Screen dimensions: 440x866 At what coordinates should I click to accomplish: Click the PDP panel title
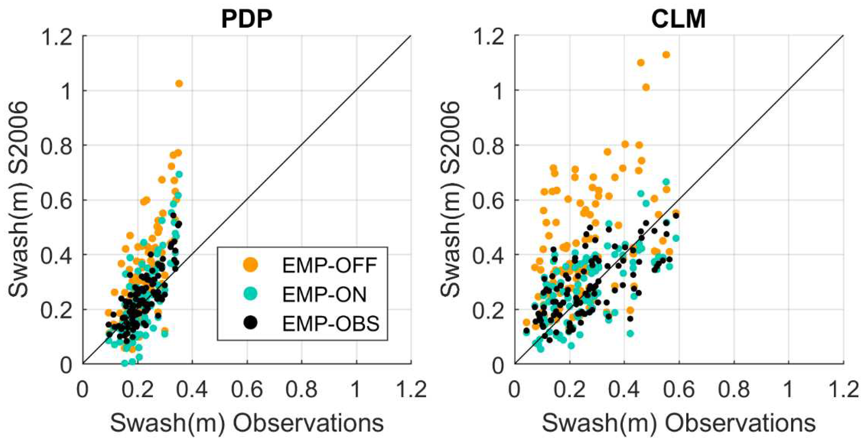(x=247, y=19)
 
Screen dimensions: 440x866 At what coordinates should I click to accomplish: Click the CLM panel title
(x=678, y=19)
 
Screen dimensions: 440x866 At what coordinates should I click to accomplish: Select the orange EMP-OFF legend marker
(x=250, y=264)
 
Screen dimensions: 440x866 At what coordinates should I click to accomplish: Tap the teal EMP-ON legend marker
(x=250, y=294)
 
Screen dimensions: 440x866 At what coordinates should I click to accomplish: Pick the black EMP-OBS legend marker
(x=250, y=323)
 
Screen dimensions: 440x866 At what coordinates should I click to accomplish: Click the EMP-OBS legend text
(x=330, y=324)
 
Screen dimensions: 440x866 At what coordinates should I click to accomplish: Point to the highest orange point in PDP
(x=179, y=83)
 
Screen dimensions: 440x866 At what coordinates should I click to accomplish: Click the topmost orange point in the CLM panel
(x=666, y=55)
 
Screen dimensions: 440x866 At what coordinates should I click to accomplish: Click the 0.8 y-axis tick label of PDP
(x=56, y=146)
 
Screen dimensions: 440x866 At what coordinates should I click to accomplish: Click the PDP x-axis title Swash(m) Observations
(x=247, y=423)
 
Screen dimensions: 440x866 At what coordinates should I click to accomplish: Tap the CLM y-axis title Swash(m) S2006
(x=450, y=199)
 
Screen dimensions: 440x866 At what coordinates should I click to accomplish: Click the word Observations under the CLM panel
(x=741, y=423)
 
